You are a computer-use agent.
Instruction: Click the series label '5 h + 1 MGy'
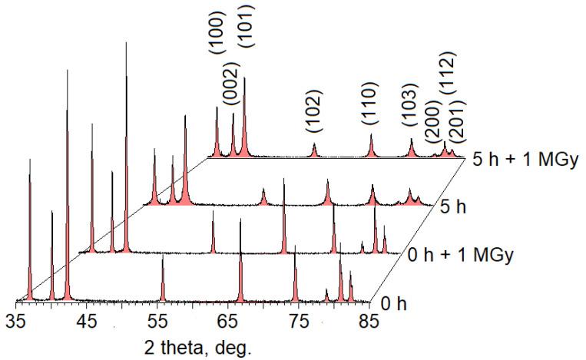tap(524, 160)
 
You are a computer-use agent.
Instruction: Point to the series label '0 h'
tap(394, 303)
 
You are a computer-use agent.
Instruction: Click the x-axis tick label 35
tap(16, 320)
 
